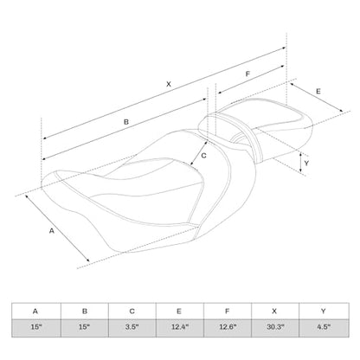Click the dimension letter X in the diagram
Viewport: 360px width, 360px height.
[x=169, y=84]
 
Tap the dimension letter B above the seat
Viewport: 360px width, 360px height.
[x=126, y=122]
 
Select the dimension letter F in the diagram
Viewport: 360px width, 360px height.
[x=247, y=74]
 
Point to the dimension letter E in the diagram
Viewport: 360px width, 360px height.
[x=318, y=92]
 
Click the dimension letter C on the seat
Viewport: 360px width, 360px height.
[x=203, y=156]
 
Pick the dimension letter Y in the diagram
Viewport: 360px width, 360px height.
[x=306, y=164]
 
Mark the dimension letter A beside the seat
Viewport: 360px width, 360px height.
[x=52, y=231]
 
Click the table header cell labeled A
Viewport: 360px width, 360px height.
[x=36, y=311]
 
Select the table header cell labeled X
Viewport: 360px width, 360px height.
[x=275, y=311]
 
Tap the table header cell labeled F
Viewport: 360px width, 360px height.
[x=228, y=311]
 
